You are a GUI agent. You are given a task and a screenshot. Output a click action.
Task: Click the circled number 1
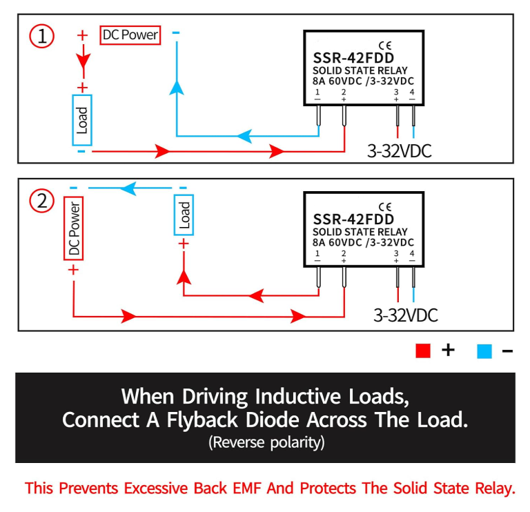tap(42, 36)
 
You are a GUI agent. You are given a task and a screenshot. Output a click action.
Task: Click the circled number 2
tap(42, 201)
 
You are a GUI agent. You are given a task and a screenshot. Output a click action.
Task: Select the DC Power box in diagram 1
tap(130, 35)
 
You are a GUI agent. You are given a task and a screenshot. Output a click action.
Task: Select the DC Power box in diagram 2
tap(74, 228)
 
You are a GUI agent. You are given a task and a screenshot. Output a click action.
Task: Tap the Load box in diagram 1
tap(82, 120)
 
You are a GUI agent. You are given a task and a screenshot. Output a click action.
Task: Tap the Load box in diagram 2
tap(184, 215)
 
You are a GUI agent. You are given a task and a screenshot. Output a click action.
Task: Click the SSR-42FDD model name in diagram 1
tap(353, 58)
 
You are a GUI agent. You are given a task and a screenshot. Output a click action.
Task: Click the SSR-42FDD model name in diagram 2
tap(353, 219)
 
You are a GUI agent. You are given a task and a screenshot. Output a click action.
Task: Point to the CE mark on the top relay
tap(385, 46)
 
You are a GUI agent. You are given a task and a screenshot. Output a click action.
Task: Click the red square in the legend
tap(423, 351)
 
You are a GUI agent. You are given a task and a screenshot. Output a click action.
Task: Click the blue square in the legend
tap(484, 351)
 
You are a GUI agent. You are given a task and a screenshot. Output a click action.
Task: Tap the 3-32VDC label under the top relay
tap(399, 150)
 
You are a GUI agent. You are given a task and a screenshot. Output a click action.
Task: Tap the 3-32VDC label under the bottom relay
tap(405, 315)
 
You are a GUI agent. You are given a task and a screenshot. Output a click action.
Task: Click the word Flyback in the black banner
tap(202, 420)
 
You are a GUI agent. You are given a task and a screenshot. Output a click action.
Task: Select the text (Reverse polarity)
tap(266, 442)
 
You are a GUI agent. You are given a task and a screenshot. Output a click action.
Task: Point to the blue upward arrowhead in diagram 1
tap(177, 87)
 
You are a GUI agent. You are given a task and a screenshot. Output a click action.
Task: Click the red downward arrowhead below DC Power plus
tap(83, 61)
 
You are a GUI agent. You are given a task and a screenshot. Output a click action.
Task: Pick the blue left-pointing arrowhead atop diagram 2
tap(128, 188)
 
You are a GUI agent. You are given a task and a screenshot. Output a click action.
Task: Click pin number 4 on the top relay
tap(412, 92)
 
